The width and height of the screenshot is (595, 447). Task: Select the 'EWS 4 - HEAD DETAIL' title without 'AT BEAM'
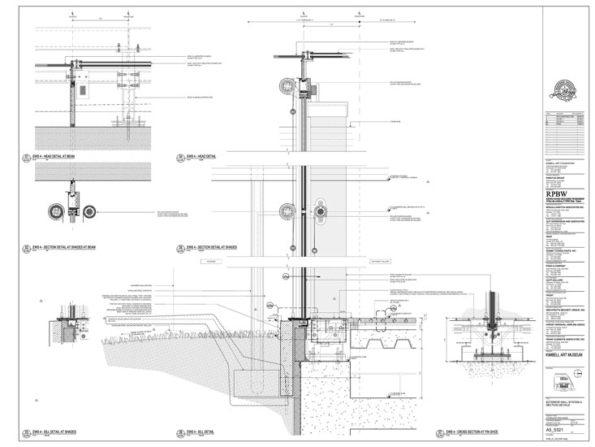click(x=205, y=155)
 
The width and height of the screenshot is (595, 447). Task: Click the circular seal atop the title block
click(x=561, y=89)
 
